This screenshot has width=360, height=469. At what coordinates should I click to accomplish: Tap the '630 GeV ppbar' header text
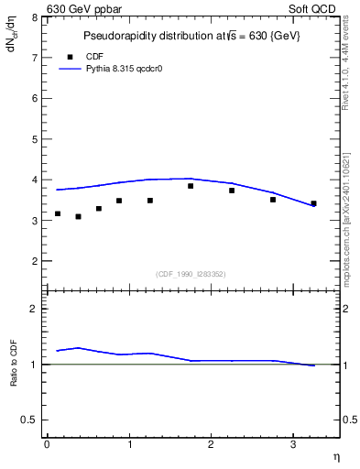pos(84,8)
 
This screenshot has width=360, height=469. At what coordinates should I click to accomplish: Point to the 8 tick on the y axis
pos(35,17)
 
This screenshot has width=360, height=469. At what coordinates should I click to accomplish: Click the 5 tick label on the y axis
pos(35,139)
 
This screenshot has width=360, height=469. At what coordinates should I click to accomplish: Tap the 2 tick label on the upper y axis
pos(35,261)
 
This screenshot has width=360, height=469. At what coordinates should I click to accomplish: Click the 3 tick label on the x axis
pos(292,445)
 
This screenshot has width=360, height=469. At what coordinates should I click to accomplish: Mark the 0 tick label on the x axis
pos(47,445)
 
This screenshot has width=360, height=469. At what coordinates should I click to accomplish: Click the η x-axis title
pos(336,456)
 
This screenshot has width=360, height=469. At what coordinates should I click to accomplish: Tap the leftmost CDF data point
pos(58,213)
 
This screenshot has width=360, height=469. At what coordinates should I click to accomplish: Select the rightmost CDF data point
pos(313,203)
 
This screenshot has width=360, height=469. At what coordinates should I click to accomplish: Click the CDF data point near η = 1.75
pos(191,186)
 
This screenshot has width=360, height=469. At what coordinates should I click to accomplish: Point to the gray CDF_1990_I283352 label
pos(191,273)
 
